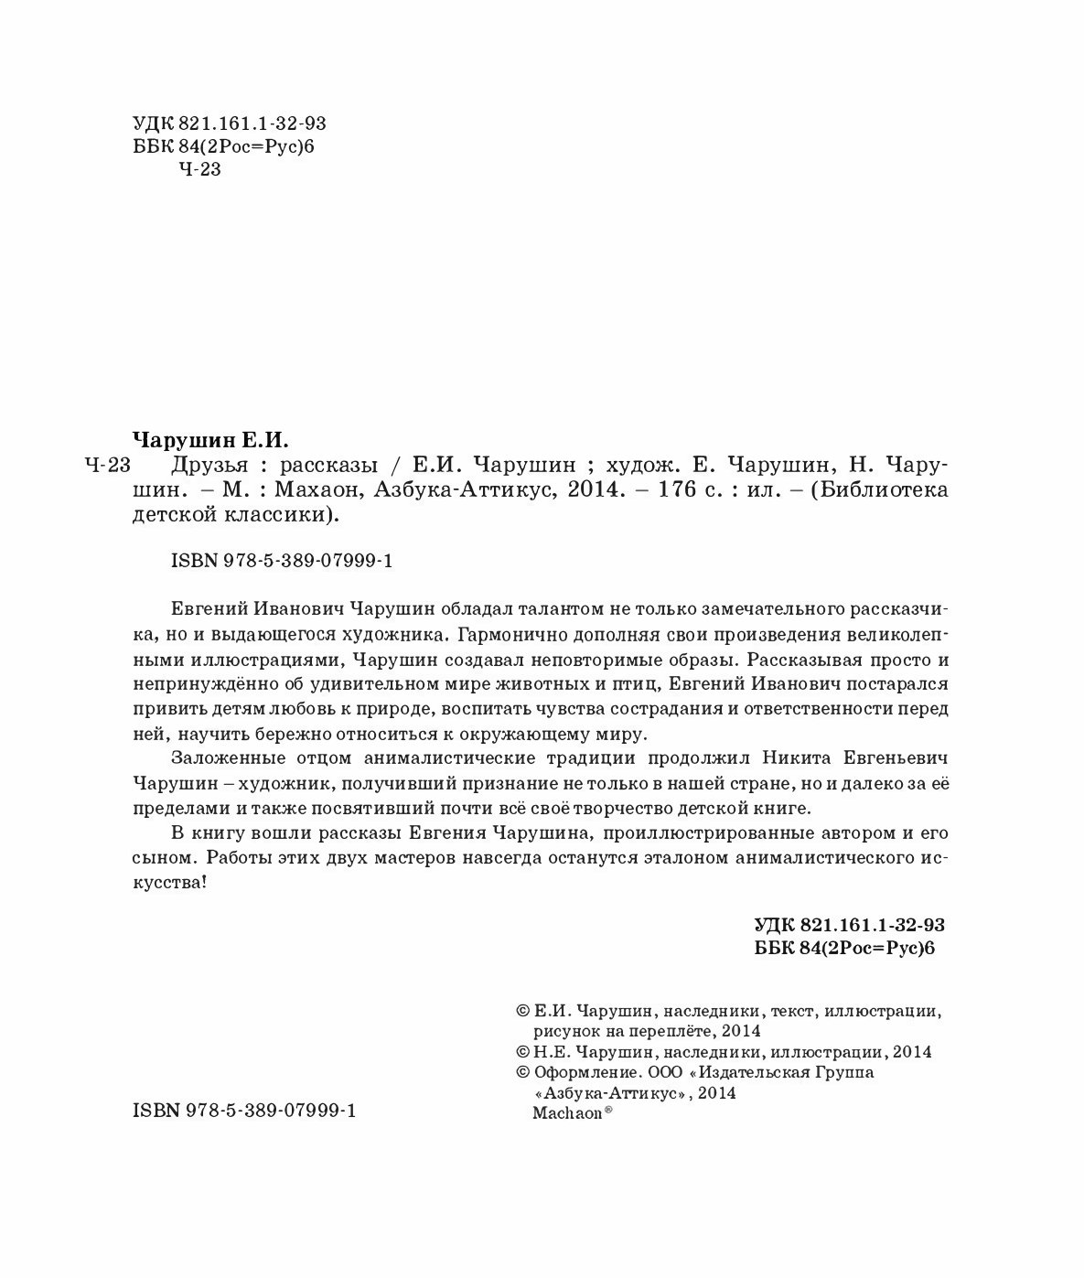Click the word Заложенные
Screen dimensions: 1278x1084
pyautogui.click(x=220, y=758)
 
